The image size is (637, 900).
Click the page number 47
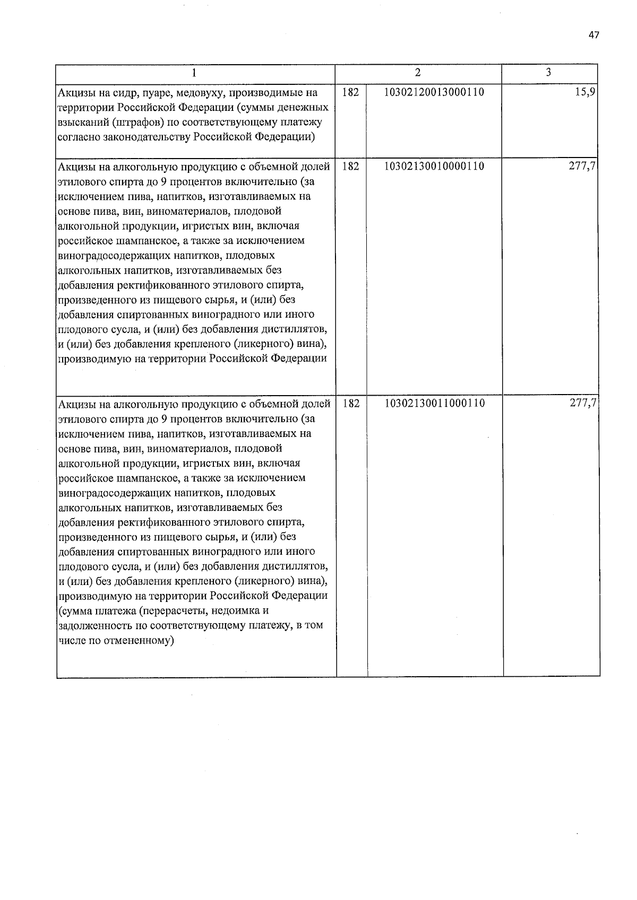(593, 35)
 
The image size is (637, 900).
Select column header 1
(195, 73)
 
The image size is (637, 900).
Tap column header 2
(418, 73)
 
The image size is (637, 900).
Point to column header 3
(548, 73)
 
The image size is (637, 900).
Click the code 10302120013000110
(434, 92)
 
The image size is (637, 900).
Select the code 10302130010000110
(434, 166)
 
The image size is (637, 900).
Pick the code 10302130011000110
(434, 403)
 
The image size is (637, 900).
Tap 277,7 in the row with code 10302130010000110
(583, 166)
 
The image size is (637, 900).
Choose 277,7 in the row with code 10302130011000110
(583, 403)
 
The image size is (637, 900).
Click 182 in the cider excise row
(350, 92)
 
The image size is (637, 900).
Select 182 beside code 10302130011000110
(350, 403)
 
